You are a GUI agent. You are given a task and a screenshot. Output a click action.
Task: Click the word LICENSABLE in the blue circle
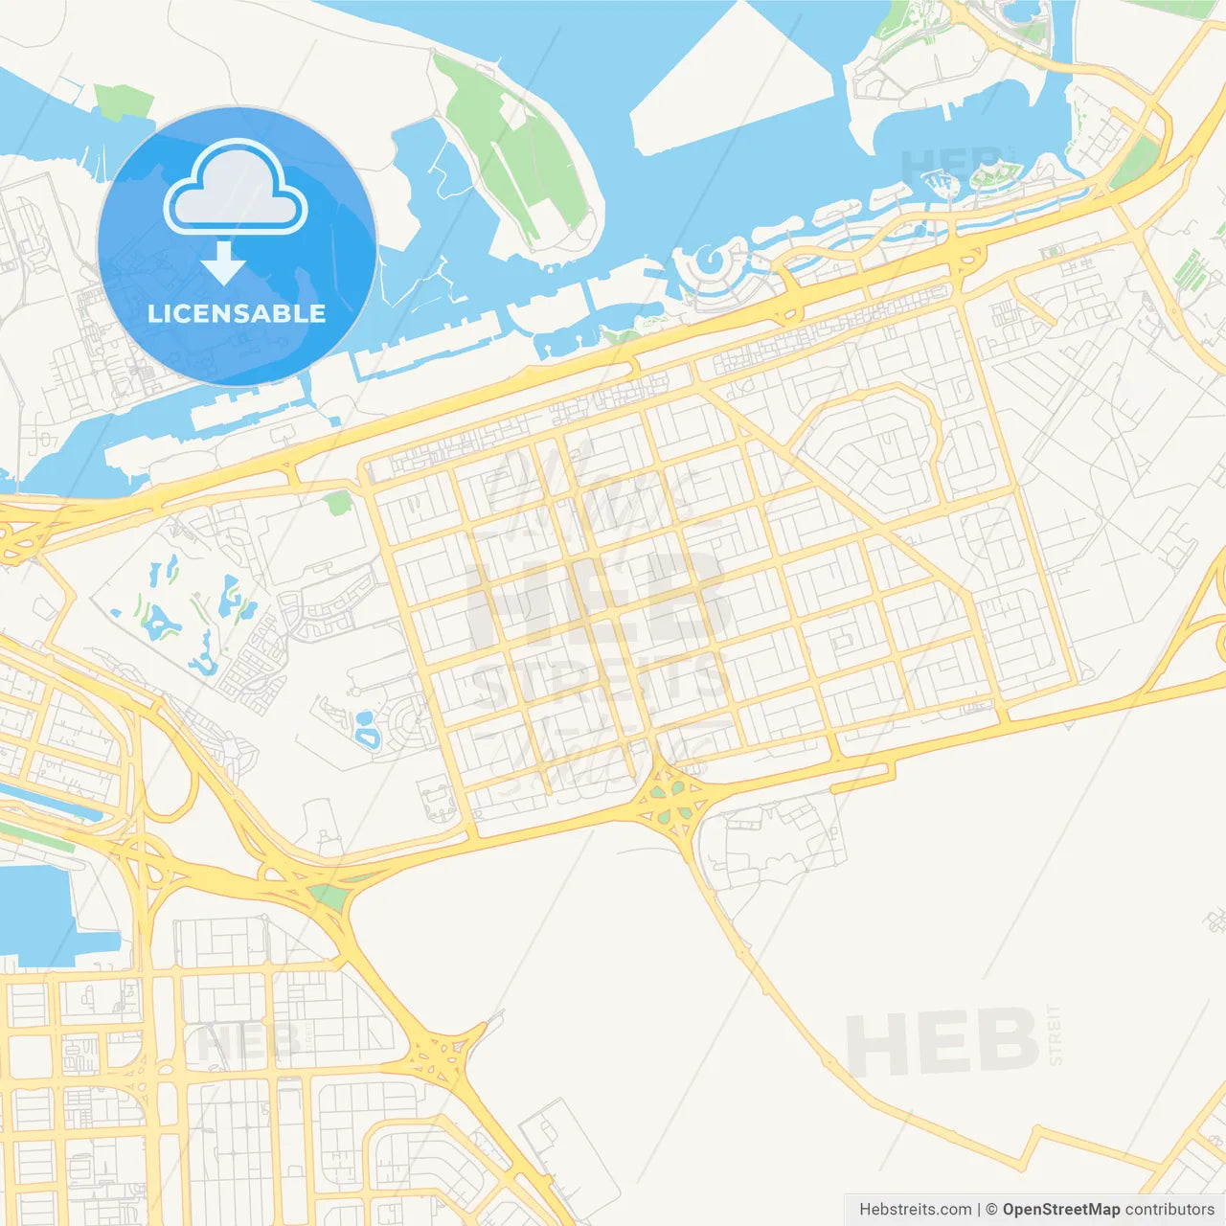pos(237,313)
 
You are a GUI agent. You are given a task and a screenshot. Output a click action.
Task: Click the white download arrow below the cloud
pos(223,262)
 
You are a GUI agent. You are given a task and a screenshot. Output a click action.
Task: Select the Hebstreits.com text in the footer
pos(915,1210)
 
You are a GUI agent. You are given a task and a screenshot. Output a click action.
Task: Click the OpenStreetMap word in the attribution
pos(1060,1210)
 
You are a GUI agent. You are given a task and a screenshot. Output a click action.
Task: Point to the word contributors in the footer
pos(1169,1210)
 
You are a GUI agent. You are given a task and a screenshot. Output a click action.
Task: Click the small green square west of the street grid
pos(337,503)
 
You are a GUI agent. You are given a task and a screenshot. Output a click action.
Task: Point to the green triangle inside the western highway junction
pos(329,897)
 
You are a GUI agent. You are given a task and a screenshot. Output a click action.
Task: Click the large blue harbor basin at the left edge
pos(34,910)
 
